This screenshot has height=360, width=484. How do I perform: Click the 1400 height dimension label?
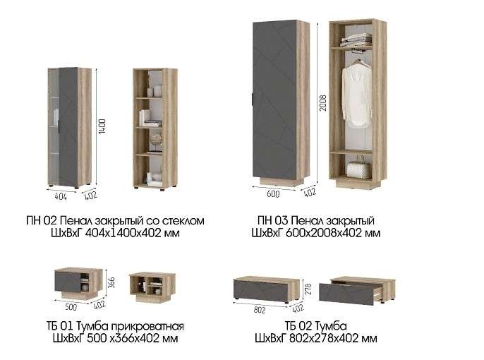[102, 126]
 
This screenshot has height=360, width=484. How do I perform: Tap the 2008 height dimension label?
[323, 103]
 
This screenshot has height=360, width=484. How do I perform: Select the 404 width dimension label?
[61, 196]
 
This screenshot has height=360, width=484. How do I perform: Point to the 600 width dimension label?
[273, 194]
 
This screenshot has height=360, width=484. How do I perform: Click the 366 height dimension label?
[111, 282]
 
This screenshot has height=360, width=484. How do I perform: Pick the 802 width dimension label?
[260, 310]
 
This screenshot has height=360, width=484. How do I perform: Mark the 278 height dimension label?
[308, 289]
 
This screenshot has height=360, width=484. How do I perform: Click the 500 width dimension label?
[71, 307]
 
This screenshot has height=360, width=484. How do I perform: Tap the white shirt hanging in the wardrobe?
[357, 95]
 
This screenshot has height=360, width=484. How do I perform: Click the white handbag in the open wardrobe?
[358, 169]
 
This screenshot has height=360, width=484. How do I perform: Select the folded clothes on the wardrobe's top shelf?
[356, 40]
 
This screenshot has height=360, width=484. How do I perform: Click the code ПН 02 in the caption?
[42, 221]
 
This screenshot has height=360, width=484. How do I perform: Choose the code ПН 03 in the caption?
[273, 221]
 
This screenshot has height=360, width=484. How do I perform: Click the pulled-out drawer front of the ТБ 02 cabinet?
[346, 294]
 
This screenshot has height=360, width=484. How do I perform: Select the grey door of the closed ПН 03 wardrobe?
[274, 100]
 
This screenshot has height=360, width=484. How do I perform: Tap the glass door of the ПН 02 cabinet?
[54, 126]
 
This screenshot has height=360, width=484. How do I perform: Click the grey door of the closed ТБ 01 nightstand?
[67, 281]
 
